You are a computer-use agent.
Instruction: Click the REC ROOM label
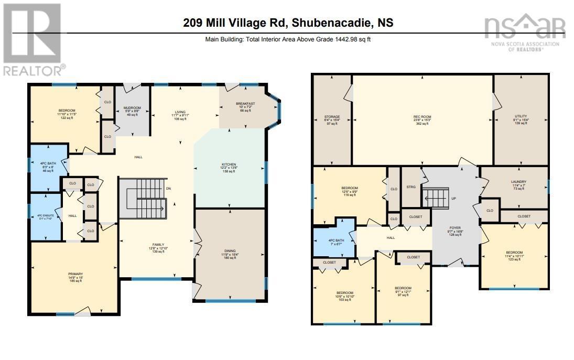point(422,117)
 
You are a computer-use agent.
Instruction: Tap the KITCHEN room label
point(229,165)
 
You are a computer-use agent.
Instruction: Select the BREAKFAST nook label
point(245,104)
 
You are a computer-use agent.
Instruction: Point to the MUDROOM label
point(132,108)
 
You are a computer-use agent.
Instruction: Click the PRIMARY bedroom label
point(75,274)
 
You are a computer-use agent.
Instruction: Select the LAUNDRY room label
point(518,182)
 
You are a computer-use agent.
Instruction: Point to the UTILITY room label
point(521,116)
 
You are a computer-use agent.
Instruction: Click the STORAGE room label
point(332,117)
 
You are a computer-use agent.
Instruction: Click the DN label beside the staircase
point(168,188)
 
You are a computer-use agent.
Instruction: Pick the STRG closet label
point(411,187)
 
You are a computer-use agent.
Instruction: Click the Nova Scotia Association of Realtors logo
point(524,32)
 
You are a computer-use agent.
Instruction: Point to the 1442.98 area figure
point(344,39)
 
